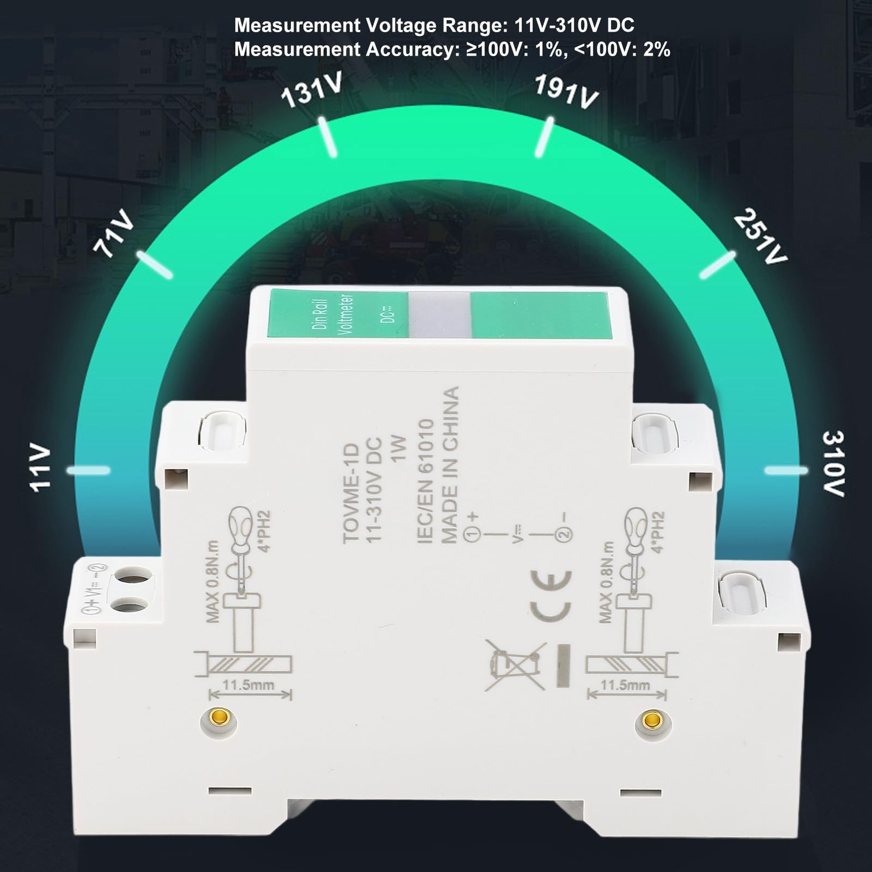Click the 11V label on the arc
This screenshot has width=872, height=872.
click(x=40, y=469)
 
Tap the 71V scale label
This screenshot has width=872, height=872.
click(x=113, y=233)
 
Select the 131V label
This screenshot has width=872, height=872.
click(x=311, y=90)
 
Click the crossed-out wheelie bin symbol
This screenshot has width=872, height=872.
click(x=514, y=665)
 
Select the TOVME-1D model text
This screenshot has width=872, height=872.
click(x=352, y=493)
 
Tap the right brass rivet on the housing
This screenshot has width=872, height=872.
click(x=649, y=720)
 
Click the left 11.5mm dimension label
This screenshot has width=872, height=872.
click(x=248, y=685)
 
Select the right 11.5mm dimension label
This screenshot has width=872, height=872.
click(x=625, y=685)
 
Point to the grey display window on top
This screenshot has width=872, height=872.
click(x=439, y=314)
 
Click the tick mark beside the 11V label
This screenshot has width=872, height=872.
click(x=88, y=470)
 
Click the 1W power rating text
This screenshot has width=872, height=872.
click(x=399, y=448)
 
